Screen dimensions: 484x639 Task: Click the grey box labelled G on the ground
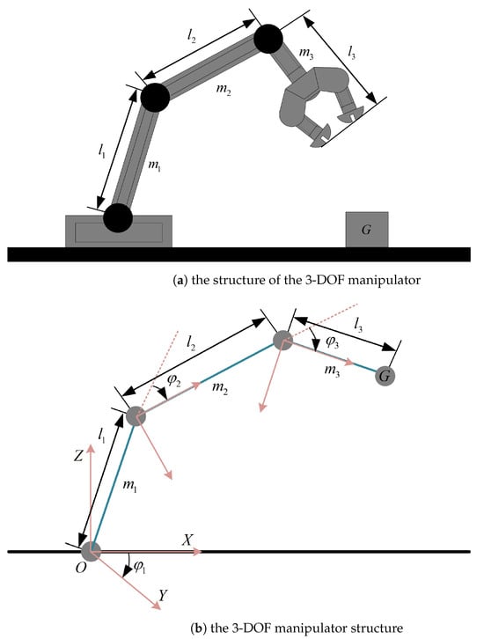(x=367, y=230)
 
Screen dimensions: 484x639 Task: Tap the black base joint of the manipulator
(x=118, y=217)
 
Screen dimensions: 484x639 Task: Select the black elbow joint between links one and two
(x=155, y=98)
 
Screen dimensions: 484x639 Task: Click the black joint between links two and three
(x=268, y=39)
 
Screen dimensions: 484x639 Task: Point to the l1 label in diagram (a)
(x=101, y=151)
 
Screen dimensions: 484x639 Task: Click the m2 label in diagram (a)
(x=224, y=90)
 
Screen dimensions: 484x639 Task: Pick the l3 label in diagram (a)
(x=351, y=52)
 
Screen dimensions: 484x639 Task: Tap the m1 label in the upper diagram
(x=154, y=165)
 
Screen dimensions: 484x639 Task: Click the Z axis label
(x=78, y=456)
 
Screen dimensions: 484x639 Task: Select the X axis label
(x=187, y=540)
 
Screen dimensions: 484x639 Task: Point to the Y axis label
(x=163, y=595)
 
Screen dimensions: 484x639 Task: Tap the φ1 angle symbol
(x=140, y=567)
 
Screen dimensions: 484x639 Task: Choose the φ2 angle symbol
(x=173, y=380)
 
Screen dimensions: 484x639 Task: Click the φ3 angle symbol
(x=333, y=343)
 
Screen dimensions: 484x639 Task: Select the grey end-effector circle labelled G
(x=385, y=376)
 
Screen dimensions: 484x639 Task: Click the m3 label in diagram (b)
(x=332, y=371)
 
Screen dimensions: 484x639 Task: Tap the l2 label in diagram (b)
(x=191, y=345)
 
